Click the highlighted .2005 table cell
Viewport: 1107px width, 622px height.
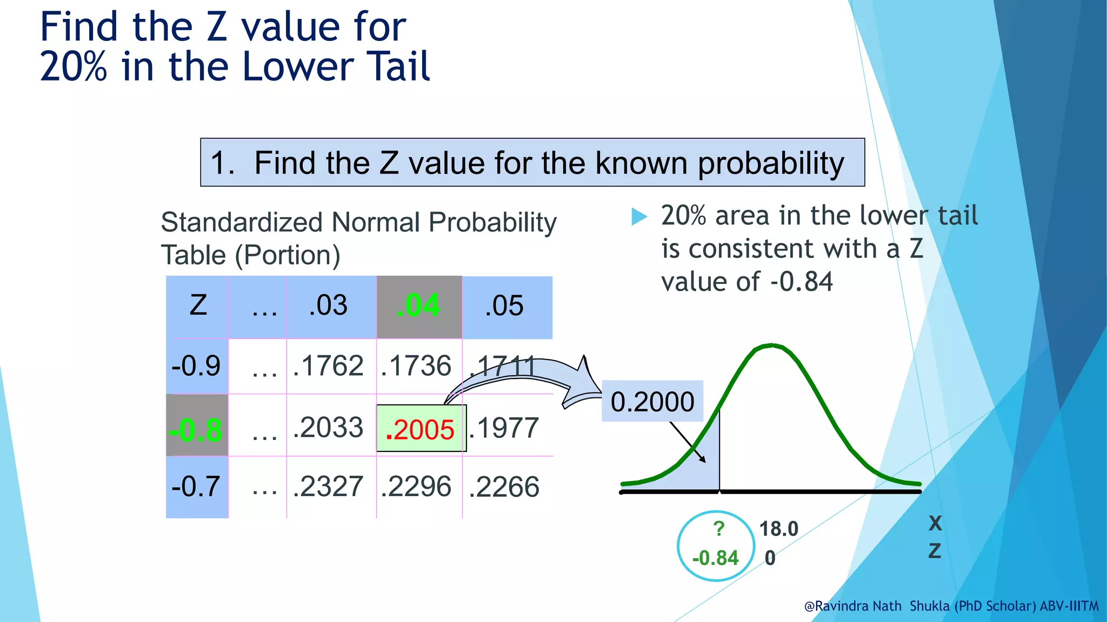click(421, 429)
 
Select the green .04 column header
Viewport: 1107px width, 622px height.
click(418, 306)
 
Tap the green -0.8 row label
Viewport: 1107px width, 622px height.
click(196, 430)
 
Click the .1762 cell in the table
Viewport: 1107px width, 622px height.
click(328, 366)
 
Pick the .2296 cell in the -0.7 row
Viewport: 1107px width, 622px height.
click(416, 487)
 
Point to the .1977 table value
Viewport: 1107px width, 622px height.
click(504, 428)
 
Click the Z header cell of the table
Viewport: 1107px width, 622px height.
click(198, 306)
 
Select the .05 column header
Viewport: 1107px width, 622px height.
click(504, 306)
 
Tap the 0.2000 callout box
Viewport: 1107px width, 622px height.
click(652, 402)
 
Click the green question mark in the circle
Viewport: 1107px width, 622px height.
click(718, 529)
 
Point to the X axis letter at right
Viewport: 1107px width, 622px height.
click(935, 523)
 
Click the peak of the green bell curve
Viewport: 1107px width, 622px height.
click(771, 346)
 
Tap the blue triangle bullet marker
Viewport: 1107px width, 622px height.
click(639, 217)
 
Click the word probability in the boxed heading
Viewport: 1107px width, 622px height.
click(771, 163)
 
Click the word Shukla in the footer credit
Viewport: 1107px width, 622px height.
click(929, 606)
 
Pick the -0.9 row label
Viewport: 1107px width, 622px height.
click(196, 366)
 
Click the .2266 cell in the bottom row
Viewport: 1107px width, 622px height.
click(504, 487)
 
